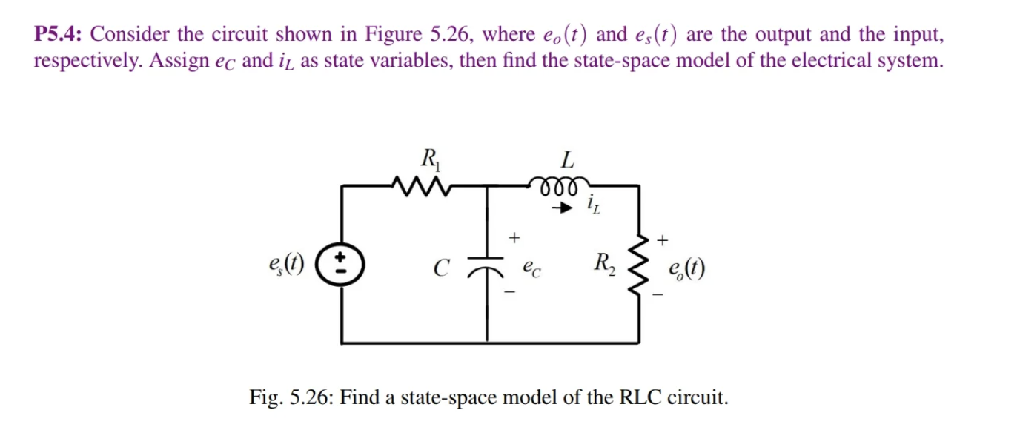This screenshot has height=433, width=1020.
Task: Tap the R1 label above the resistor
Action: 428,158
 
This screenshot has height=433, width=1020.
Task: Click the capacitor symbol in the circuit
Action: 489,265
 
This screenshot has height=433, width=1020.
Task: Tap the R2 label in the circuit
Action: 604,262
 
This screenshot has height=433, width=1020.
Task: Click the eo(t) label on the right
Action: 686,268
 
